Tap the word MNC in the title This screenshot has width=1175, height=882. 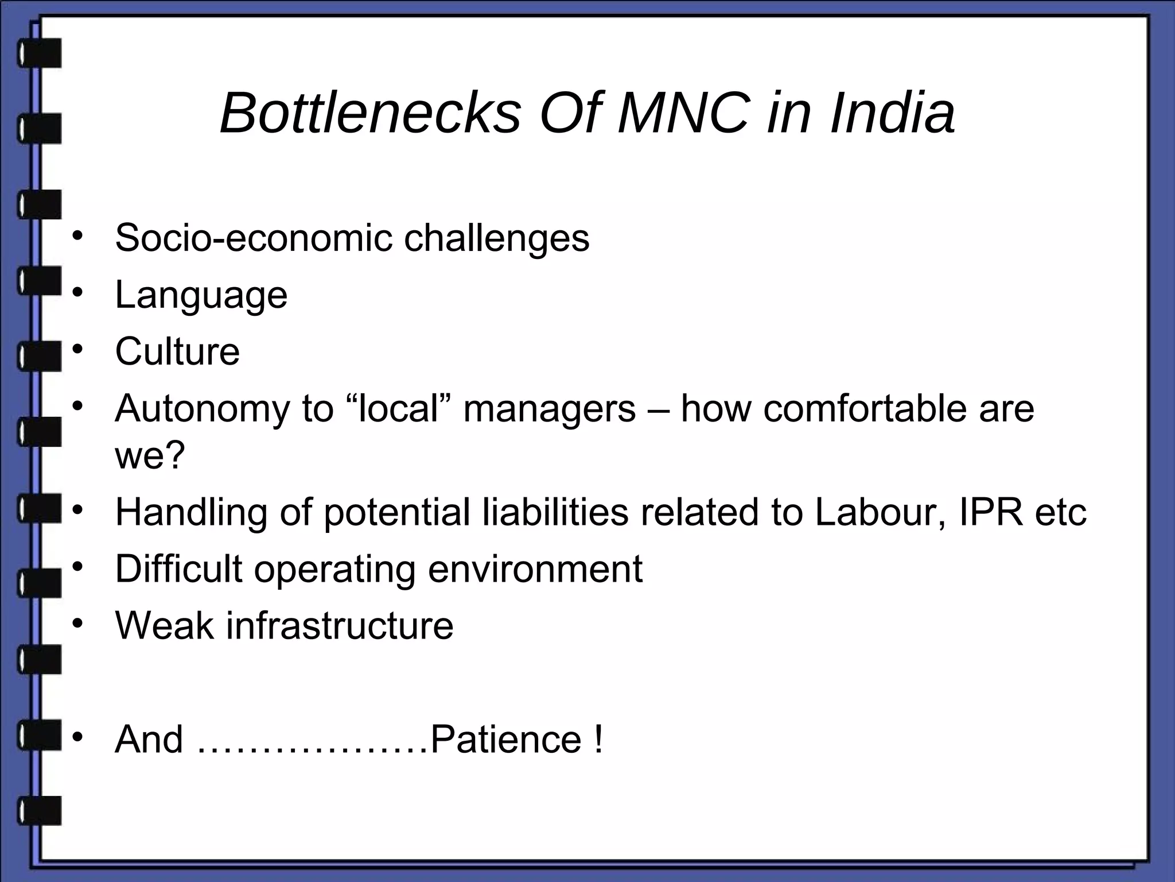(683, 113)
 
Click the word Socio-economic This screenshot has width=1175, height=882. (254, 238)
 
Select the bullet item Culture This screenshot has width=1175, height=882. (177, 351)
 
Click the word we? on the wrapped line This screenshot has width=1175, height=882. (150, 455)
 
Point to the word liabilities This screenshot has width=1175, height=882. (555, 512)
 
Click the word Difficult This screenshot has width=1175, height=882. (178, 568)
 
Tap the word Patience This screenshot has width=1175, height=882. (505, 739)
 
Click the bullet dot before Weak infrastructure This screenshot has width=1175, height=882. (78, 622)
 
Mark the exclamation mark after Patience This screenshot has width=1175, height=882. (599, 739)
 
